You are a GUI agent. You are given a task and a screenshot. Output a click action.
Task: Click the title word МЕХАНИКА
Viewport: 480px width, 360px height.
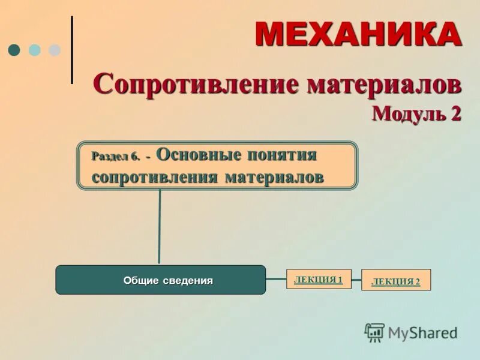point(358,34)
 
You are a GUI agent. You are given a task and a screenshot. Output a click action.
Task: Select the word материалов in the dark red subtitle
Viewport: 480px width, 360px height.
point(384,83)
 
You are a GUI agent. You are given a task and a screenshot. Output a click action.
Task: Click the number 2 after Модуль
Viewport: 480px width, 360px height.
point(456,112)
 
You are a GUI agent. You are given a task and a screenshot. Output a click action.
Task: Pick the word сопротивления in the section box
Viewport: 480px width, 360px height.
point(155,177)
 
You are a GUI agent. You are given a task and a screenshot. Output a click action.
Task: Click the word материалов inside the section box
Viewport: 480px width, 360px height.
point(274,177)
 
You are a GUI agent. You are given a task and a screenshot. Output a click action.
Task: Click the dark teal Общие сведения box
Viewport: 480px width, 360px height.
point(160,280)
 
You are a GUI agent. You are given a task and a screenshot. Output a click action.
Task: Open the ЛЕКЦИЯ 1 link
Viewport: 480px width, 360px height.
point(318,279)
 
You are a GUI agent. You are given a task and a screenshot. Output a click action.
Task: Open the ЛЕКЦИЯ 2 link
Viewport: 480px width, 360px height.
point(395,281)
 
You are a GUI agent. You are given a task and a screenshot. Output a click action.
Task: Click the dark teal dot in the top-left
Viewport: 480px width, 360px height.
point(15,50)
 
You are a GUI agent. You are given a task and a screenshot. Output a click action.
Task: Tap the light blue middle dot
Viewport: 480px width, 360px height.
point(35,50)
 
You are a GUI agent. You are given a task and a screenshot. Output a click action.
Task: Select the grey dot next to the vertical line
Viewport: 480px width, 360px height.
point(55,50)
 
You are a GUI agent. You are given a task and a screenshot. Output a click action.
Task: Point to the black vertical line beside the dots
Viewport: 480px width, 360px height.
point(72,50)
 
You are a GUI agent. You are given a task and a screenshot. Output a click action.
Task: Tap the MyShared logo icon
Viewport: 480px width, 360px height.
point(375,332)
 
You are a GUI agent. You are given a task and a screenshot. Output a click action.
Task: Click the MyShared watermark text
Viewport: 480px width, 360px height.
point(422,332)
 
